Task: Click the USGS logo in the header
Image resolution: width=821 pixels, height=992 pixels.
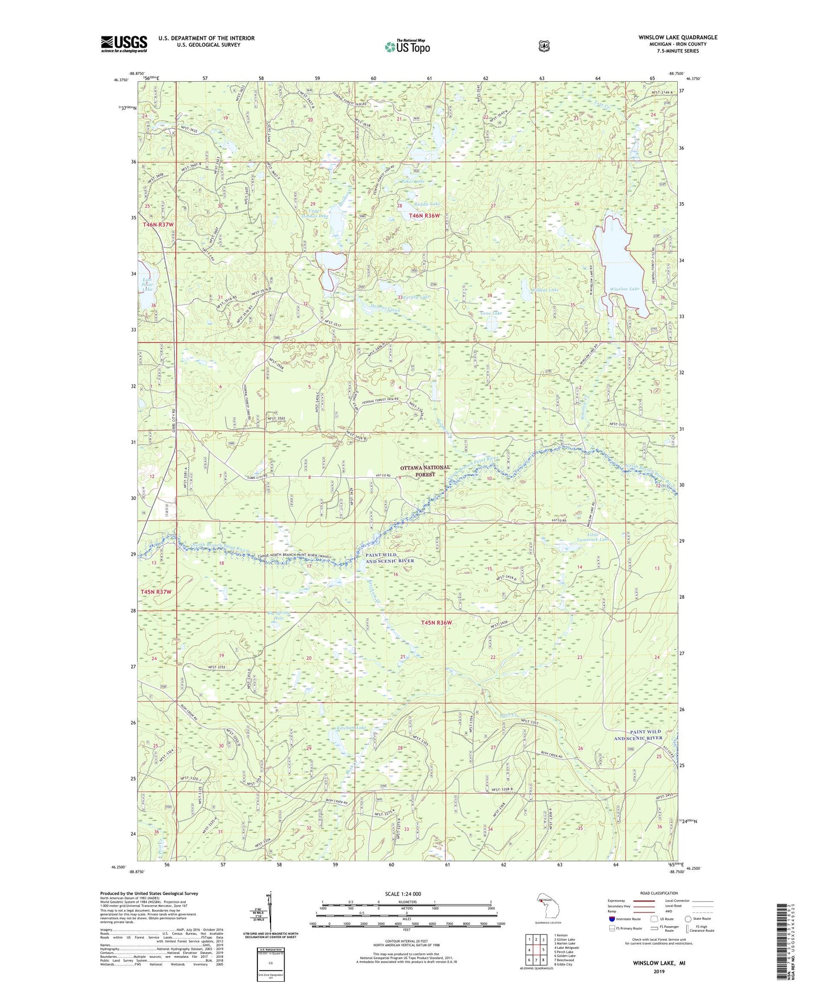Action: pos(124,44)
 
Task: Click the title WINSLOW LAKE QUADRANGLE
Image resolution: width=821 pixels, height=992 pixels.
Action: pos(677,37)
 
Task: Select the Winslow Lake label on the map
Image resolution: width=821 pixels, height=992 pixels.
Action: pos(624,289)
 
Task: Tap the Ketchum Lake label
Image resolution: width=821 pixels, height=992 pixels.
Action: pos(352,727)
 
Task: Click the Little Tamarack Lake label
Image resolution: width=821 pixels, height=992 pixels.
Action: pos(592,536)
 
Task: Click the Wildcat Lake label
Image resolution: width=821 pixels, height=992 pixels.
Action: pos(544,290)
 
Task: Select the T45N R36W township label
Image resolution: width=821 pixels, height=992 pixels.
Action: pos(436,623)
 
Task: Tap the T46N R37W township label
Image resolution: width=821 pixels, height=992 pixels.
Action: pos(157,225)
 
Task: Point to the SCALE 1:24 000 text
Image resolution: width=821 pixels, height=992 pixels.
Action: pos(403,894)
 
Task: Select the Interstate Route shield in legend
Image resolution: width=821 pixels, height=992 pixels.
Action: pos(611,919)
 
